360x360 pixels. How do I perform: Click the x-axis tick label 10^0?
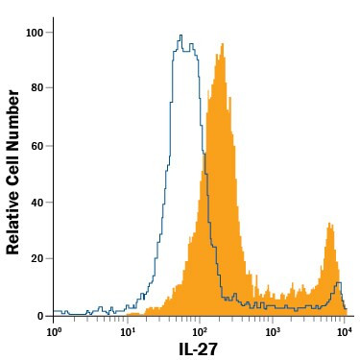tap(54, 331)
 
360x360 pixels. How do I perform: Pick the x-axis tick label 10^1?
tap(127, 331)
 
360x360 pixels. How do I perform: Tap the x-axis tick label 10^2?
tap(199, 331)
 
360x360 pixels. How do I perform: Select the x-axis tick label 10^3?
tap(272, 331)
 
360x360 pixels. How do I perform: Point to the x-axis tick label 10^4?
tap(344, 331)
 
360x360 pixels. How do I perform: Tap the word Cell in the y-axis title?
tap(13, 167)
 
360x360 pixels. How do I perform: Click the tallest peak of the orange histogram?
tap(222, 44)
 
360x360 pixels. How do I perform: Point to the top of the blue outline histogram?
tap(180, 36)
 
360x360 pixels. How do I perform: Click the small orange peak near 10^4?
tap(330, 225)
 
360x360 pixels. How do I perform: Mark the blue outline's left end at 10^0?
tap(56, 311)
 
